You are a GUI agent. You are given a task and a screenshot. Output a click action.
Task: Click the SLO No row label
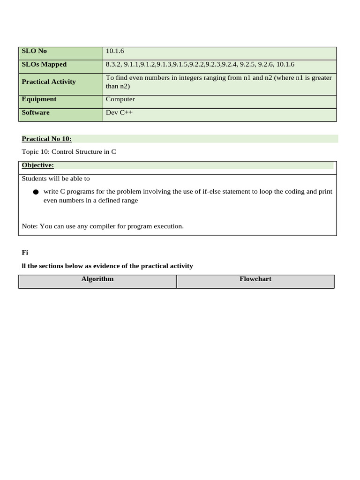[x=34, y=51]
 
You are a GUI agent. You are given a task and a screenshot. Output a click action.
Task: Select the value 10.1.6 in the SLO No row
[x=115, y=51]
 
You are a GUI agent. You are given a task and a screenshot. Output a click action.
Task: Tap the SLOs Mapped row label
[x=44, y=64]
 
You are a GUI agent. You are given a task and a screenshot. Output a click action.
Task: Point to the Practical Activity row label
[x=49, y=82]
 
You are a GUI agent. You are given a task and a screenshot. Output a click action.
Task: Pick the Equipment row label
[x=39, y=99]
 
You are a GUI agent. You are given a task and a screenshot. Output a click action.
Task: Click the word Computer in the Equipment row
[x=120, y=99]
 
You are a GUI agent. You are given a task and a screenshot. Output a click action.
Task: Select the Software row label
[x=36, y=112]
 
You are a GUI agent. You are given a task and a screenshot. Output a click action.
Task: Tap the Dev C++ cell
[x=119, y=112]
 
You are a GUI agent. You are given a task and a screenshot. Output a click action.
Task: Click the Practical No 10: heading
[x=46, y=139]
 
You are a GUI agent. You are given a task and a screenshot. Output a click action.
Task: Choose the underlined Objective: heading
[x=37, y=165]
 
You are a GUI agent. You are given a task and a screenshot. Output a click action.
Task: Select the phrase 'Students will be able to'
[x=56, y=178]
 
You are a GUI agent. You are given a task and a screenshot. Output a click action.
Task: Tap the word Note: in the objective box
[x=30, y=226]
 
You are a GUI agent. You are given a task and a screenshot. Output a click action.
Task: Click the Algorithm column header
[x=97, y=279]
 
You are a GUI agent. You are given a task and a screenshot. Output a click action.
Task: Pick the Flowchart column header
[x=255, y=279]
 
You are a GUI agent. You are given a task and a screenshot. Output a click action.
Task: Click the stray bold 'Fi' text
[x=25, y=252]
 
